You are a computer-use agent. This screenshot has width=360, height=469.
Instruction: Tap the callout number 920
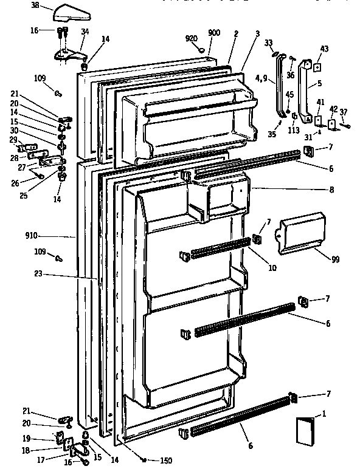point(192,39)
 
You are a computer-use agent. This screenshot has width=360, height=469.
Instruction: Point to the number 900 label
point(214,33)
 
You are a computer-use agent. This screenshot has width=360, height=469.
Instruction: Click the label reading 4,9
point(261,77)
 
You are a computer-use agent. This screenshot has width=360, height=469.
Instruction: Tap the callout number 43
point(324,49)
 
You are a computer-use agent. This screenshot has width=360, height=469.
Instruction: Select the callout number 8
point(331,190)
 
